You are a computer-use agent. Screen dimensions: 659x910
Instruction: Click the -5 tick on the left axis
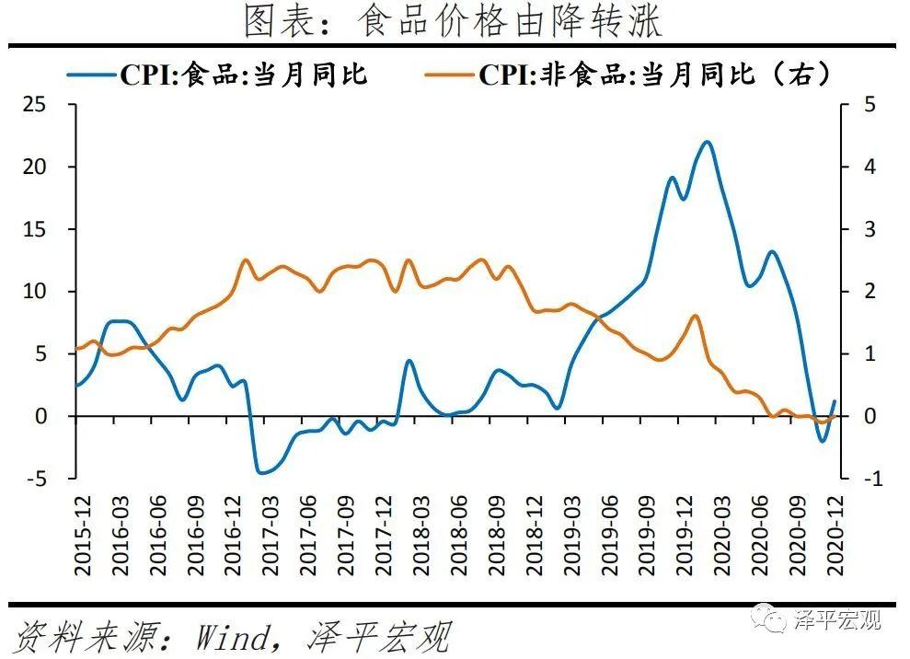click(x=36, y=479)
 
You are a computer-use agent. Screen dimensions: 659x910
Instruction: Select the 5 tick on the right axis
click(x=866, y=105)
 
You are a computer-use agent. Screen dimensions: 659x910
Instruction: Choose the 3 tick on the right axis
click(x=866, y=229)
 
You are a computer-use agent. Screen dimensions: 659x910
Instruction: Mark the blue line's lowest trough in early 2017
click(x=261, y=473)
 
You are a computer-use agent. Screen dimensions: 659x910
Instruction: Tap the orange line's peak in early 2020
click(x=695, y=316)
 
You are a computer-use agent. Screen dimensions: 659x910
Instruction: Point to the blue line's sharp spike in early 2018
click(x=409, y=361)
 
